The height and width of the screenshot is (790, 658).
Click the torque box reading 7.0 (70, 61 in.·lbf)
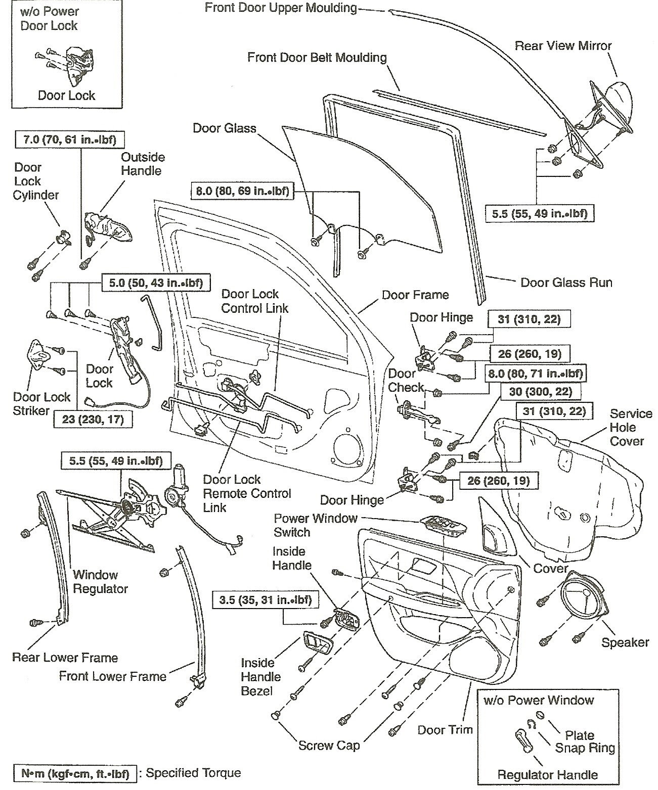tap(70, 139)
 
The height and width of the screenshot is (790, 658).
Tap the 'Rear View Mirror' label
tap(563, 46)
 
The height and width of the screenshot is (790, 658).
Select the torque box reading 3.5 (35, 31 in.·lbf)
tap(262, 600)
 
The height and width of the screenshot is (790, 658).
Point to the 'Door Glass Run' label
tap(566, 282)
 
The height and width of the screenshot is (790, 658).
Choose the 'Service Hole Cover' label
tap(626, 427)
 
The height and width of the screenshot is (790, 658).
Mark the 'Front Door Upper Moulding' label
tap(281, 8)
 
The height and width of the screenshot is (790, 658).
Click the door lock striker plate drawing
tap(38, 355)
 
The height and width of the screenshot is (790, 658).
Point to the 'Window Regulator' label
tap(100, 581)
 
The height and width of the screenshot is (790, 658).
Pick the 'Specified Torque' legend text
tap(193, 773)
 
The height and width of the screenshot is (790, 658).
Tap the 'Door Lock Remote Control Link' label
tap(247, 493)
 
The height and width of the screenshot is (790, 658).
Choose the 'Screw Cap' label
tap(329, 745)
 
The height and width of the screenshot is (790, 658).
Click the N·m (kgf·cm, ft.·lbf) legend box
tap(74, 773)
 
